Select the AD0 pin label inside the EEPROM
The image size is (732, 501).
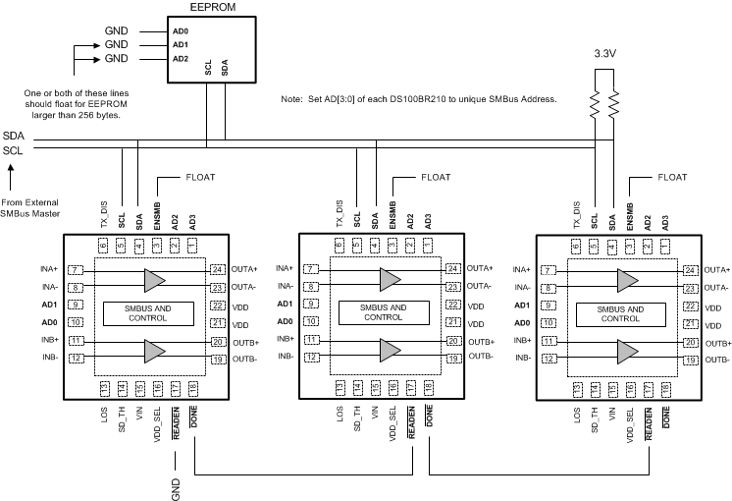(152, 30)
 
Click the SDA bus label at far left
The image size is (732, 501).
(13, 136)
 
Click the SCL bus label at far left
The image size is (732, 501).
(13, 149)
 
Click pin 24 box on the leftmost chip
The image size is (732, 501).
(217, 269)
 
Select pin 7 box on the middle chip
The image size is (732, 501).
(309, 269)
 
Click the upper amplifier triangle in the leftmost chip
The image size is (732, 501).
(155, 279)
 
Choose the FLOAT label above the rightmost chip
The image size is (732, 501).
(673, 178)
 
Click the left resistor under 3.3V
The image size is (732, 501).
(594, 101)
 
